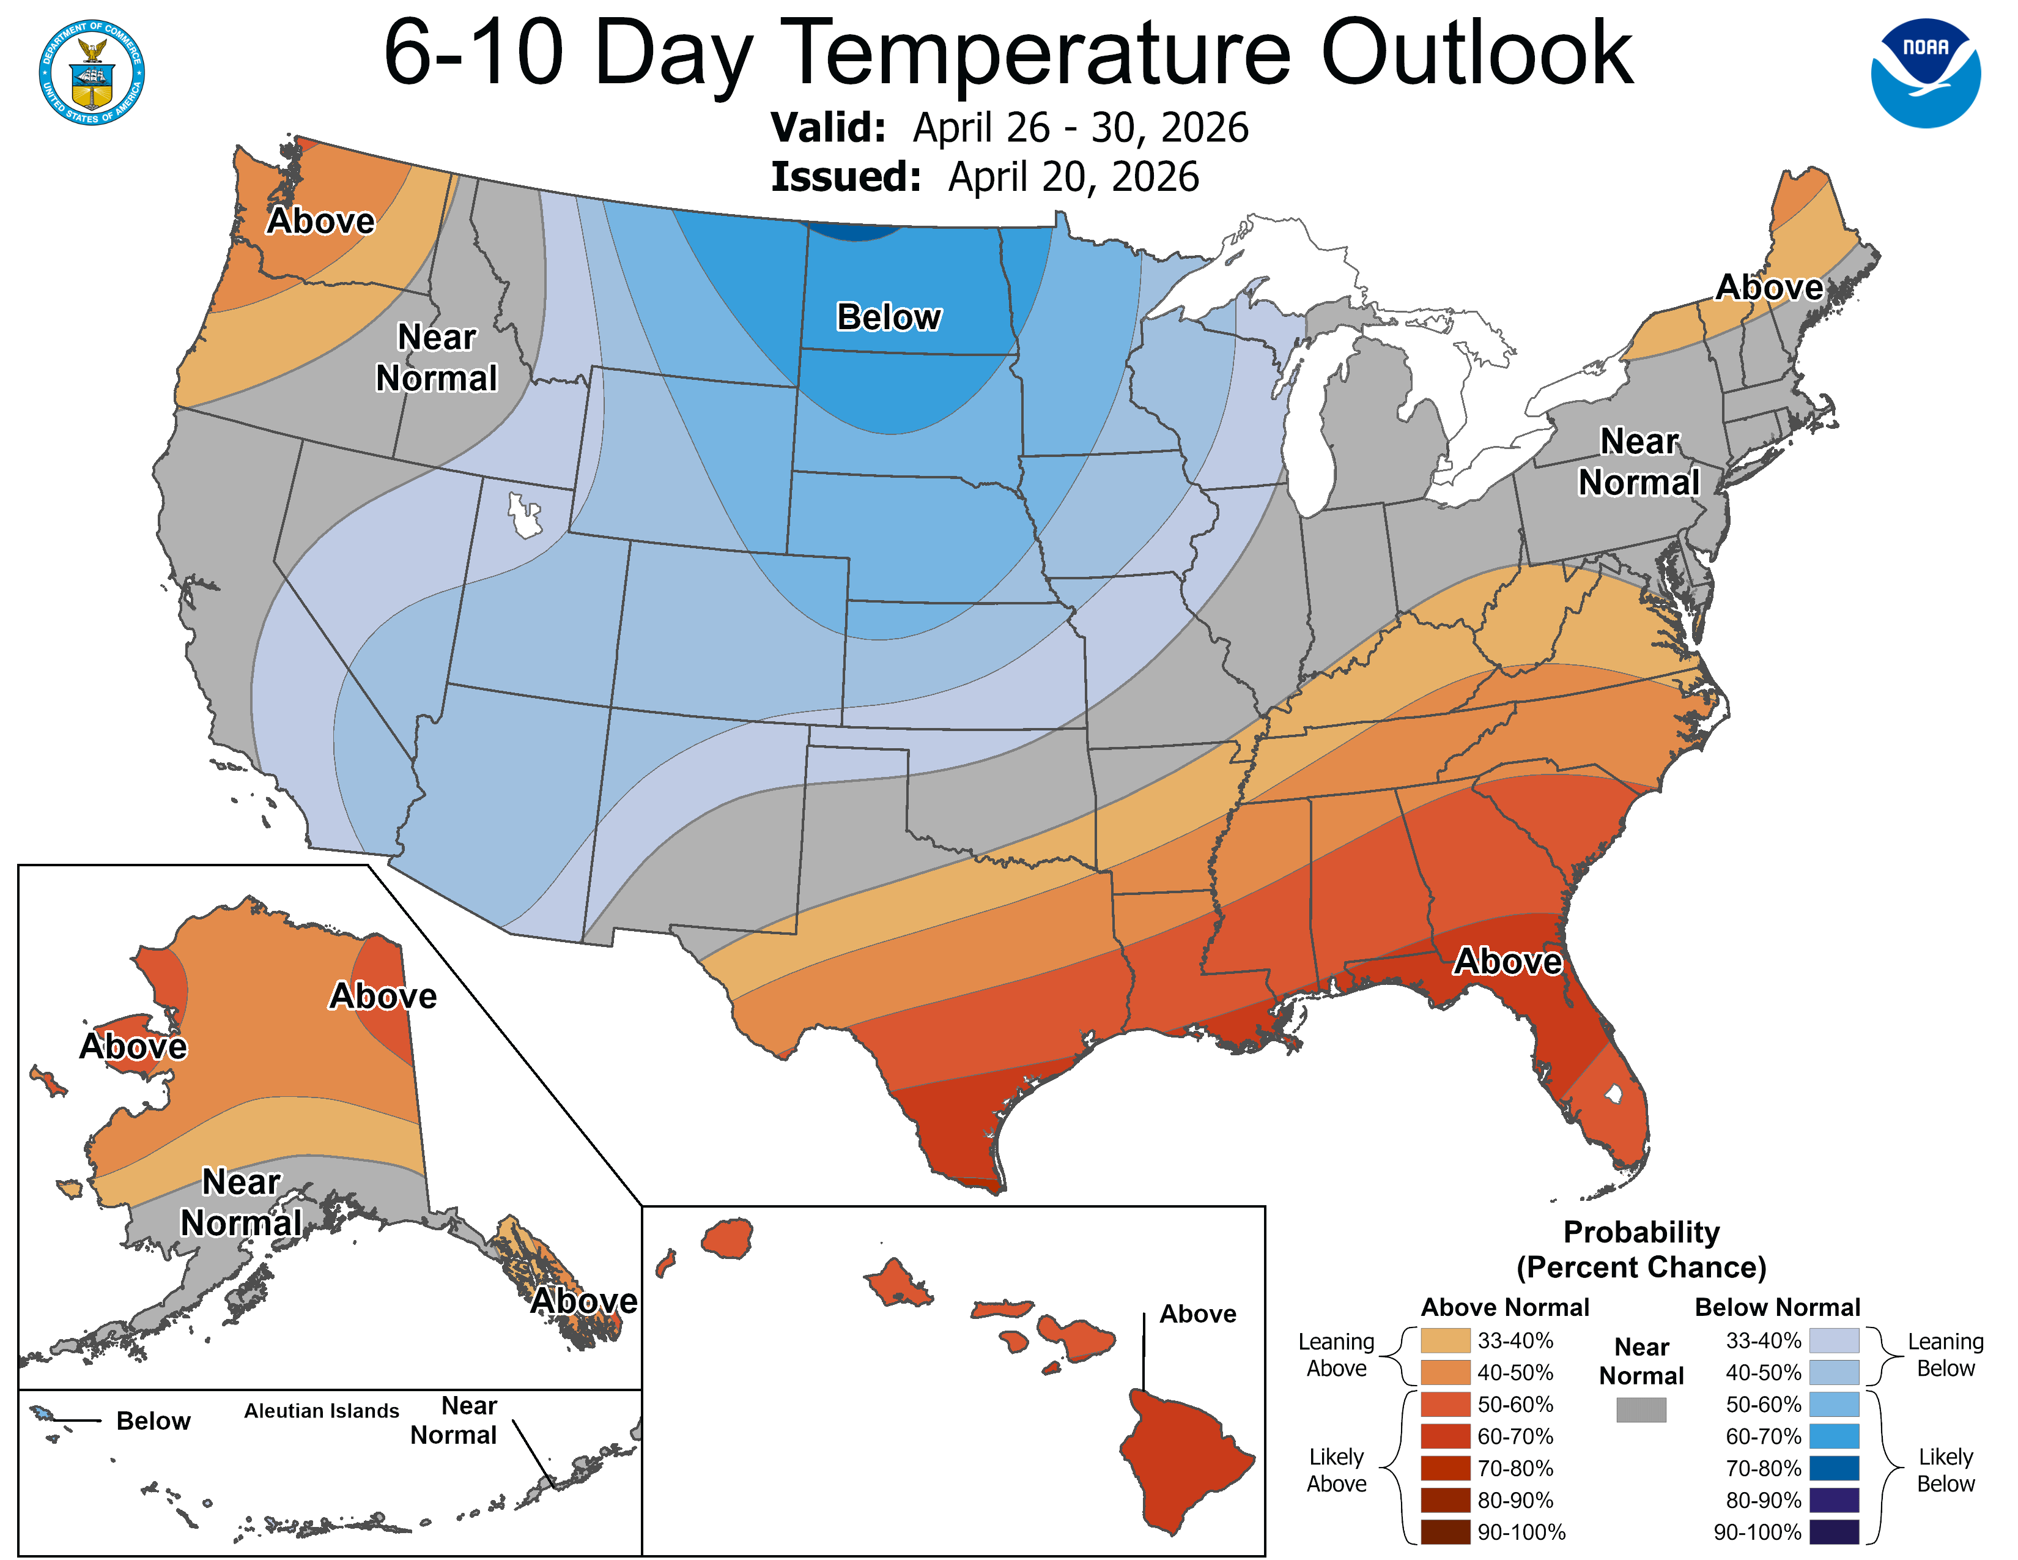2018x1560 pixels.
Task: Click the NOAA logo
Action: coord(1924,73)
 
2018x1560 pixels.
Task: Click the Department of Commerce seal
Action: coord(92,73)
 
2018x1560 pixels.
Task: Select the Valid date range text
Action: coord(1079,127)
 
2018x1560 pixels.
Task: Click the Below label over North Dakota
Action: coord(889,317)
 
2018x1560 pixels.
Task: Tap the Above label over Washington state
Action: coord(320,221)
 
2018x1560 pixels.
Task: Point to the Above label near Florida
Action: coord(1507,961)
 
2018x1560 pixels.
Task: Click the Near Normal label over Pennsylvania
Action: coord(1638,462)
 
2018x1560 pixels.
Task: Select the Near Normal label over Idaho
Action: coord(436,358)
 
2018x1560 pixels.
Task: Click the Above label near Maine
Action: coord(1769,288)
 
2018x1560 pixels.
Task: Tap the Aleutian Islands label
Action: coord(322,1410)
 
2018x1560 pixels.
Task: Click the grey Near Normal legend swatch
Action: coord(1641,1410)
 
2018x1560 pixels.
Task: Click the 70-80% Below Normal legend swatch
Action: coord(1833,1468)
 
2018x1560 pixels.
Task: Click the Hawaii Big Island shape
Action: coord(1183,1460)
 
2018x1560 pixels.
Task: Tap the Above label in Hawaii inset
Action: coord(1197,1314)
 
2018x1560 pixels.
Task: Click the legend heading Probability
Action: coord(1641,1232)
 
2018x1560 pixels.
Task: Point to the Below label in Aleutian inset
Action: coord(153,1421)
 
